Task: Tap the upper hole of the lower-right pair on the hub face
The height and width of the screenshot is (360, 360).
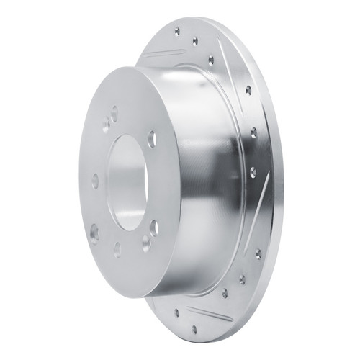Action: tap(155, 227)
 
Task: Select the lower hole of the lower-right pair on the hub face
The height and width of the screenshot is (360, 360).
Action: tap(145, 243)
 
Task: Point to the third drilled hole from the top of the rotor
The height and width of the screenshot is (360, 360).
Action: tap(210, 60)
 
